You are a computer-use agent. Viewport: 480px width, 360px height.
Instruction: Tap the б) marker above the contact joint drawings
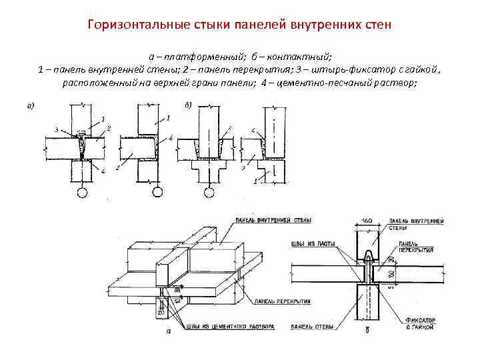coord(187,105)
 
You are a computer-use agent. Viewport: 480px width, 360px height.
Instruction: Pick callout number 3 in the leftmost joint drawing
coord(57,129)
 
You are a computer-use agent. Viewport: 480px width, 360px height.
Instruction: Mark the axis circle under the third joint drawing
coord(210,193)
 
